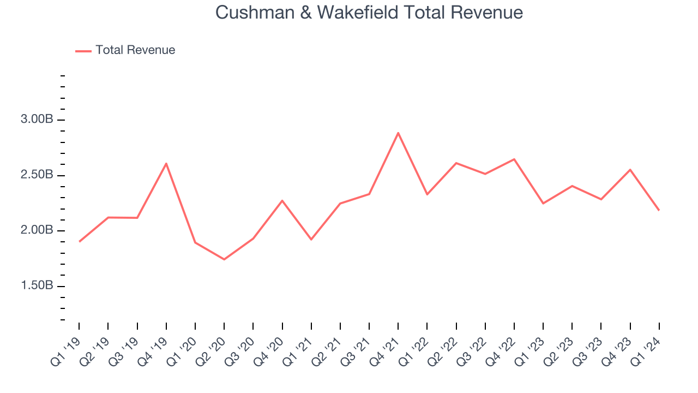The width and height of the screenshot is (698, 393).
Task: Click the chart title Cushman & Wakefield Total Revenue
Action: (x=369, y=13)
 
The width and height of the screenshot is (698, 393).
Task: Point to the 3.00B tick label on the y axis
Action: (x=38, y=120)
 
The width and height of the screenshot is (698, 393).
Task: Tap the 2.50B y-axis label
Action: (x=38, y=175)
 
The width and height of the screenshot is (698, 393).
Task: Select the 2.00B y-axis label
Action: (x=38, y=230)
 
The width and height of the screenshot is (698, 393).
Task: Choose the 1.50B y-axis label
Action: (x=38, y=286)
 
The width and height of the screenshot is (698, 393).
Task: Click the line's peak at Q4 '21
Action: (x=398, y=133)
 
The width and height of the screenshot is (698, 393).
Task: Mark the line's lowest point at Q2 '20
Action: (x=224, y=259)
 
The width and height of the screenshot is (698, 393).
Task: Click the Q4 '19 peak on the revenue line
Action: (x=166, y=163)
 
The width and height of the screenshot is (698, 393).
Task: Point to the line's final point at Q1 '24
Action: (x=659, y=210)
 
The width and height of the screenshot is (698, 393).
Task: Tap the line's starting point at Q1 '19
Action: (x=80, y=241)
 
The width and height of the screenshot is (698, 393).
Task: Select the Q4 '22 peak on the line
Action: (x=514, y=159)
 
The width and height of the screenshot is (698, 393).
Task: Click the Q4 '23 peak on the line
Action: (x=630, y=170)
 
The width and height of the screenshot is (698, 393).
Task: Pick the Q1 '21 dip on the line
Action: (x=311, y=240)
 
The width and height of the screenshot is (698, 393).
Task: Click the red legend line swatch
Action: (x=83, y=51)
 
